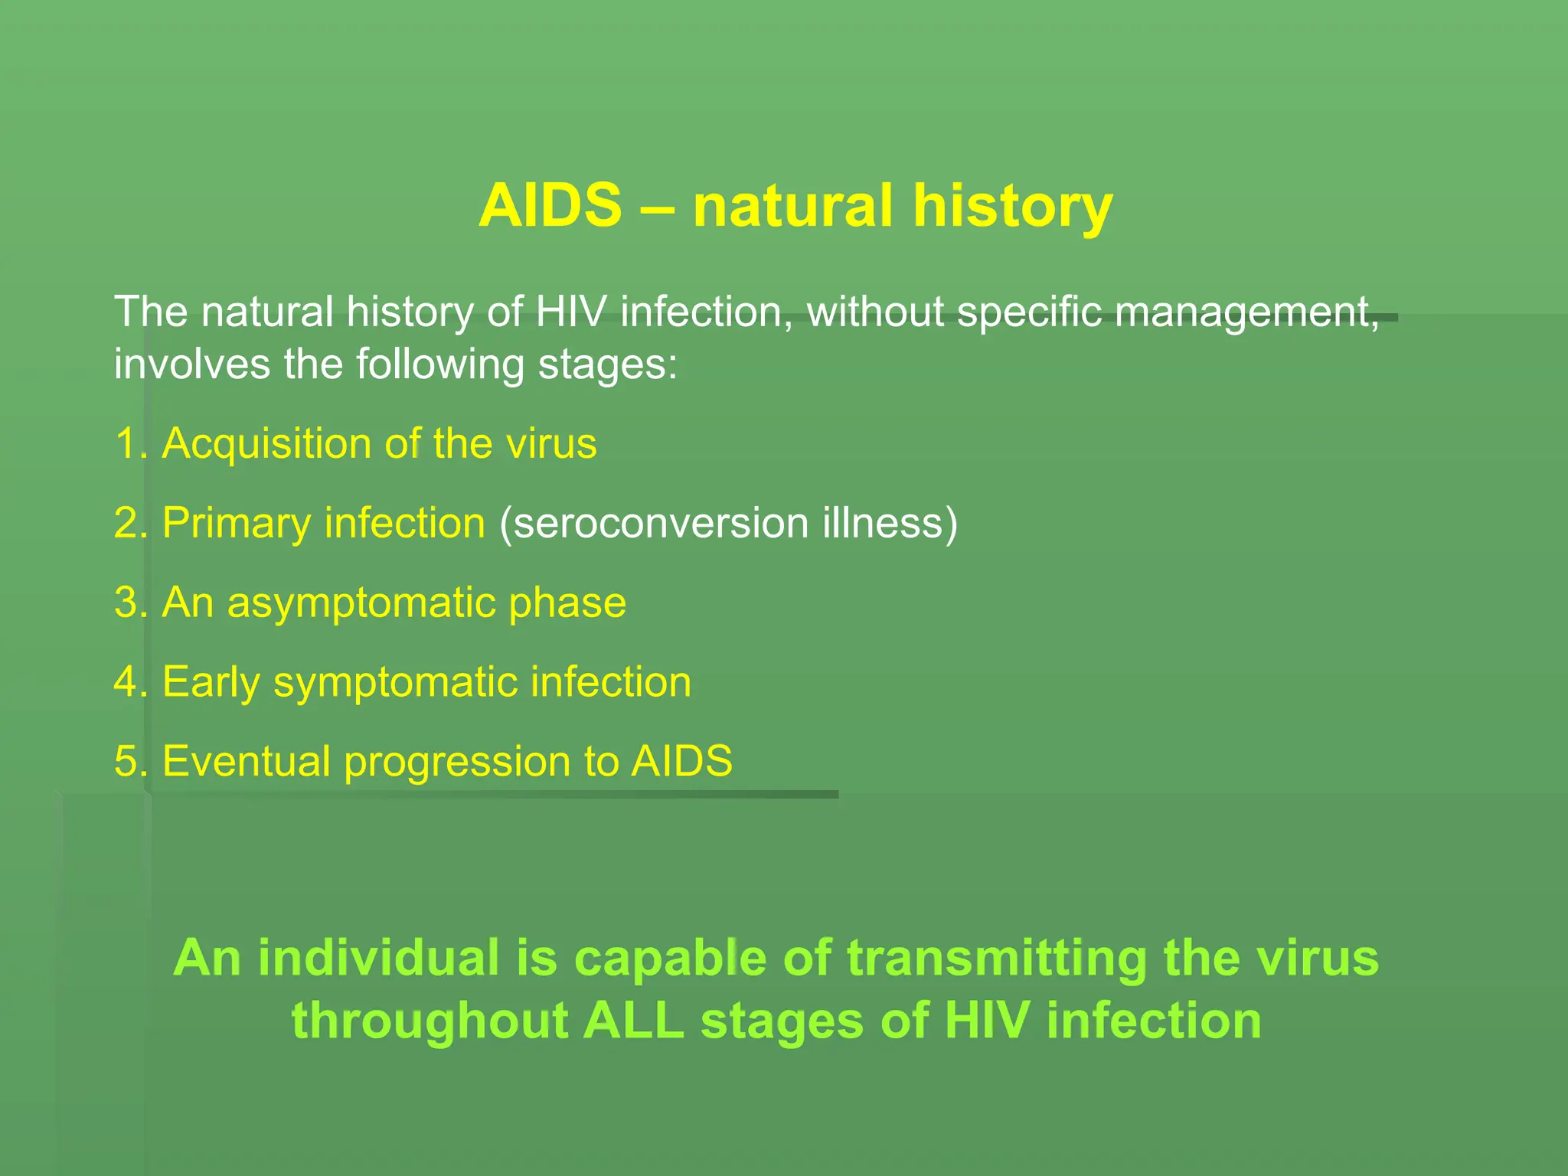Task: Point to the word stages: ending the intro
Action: [608, 364]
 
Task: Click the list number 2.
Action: [128, 523]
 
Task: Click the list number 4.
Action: [128, 681]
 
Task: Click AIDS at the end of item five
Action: [681, 761]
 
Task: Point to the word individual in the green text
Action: [378, 958]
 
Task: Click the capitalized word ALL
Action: [633, 1021]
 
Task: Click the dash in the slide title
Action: [657, 207]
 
